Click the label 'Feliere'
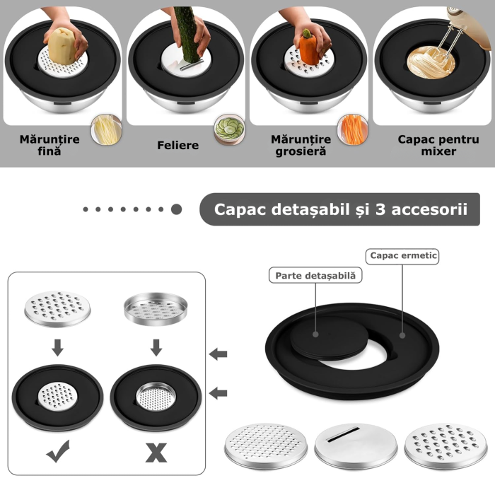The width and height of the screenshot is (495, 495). point(178,145)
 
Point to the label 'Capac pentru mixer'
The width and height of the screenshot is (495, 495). point(438,145)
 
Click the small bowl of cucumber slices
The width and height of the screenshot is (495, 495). point(230,129)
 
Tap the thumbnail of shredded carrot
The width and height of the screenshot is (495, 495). point(353,129)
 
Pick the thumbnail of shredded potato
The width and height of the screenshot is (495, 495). point(106,129)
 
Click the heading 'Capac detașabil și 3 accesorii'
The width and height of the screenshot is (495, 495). point(340,209)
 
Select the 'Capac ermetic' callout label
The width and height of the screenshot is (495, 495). point(402,256)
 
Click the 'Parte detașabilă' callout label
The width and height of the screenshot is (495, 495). point(315,275)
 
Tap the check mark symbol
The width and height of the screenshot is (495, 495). point(58,451)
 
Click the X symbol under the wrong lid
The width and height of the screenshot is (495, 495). point(156,453)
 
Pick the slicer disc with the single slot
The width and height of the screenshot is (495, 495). point(356,445)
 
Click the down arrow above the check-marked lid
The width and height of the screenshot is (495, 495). point(58,348)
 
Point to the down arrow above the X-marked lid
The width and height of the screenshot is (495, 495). point(156,348)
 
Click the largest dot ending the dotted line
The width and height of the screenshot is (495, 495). point(177,209)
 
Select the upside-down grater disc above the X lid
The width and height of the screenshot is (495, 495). point(156,309)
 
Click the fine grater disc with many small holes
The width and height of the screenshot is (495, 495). point(266,445)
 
